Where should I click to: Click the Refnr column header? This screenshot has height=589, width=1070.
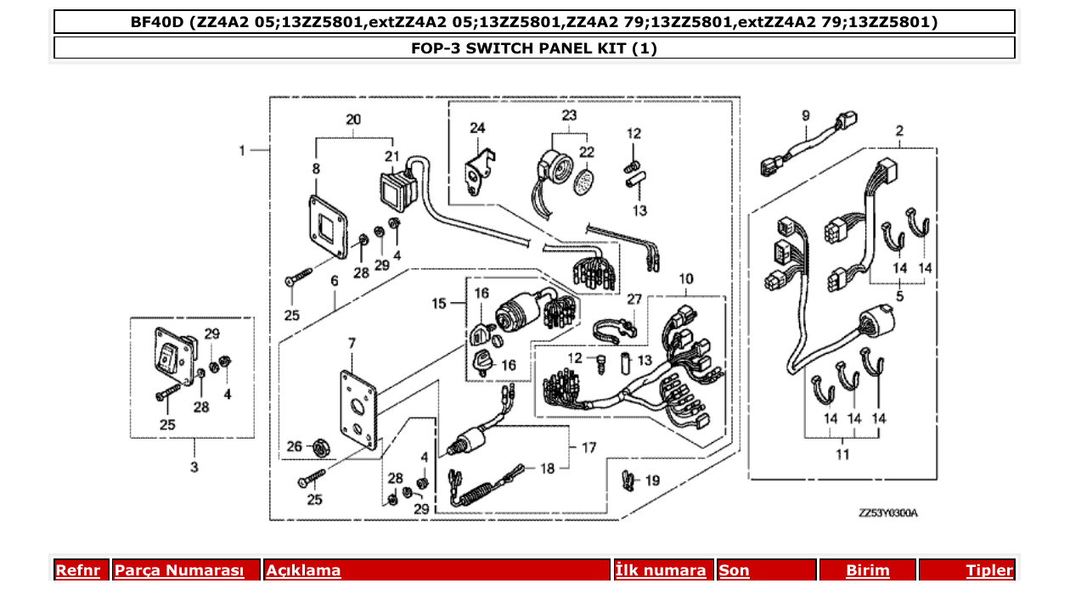click(x=77, y=570)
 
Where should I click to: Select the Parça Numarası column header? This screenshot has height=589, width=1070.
click(x=179, y=570)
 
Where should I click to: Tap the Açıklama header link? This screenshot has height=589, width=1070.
click(x=303, y=570)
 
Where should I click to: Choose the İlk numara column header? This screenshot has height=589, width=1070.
click(x=661, y=570)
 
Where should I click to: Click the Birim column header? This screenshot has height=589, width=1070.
click(x=867, y=570)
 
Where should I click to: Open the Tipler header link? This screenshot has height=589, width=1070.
click(x=988, y=570)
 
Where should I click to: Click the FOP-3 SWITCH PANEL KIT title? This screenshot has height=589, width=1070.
click(x=534, y=48)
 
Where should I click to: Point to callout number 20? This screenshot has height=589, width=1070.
click(x=353, y=120)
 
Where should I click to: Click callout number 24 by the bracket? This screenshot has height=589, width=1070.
click(x=477, y=128)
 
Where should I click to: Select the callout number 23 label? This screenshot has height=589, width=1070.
click(x=568, y=115)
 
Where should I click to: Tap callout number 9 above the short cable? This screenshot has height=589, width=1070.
click(x=805, y=115)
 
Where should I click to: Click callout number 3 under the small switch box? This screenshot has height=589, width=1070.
click(x=194, y=467)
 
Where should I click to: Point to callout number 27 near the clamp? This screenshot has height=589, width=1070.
click(x=634, y=299)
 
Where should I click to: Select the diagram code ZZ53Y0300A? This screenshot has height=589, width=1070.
click(x=887, y=513)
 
